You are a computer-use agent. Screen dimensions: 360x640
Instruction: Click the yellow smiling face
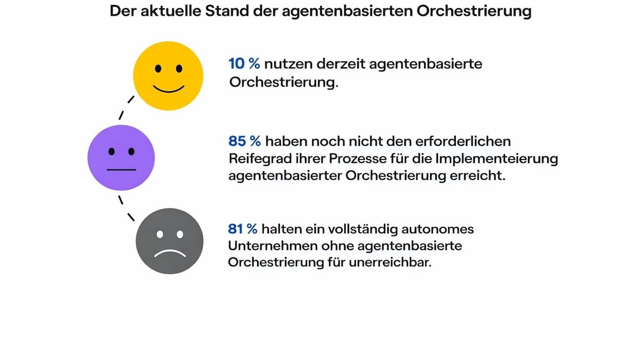[168, 75]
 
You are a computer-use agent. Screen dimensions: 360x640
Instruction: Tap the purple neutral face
[121, 157]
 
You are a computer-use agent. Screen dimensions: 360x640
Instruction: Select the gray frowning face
[169, 241]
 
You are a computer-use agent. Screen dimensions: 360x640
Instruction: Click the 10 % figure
[244, 64]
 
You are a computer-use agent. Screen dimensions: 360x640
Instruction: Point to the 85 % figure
[245, 141]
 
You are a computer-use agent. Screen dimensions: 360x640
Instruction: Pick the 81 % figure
[243, 229]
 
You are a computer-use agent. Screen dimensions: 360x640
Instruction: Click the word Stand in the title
[219, 12]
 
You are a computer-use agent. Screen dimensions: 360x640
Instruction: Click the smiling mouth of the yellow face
[169, 87]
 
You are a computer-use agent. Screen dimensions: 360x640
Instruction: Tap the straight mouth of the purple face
[121, 170]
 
